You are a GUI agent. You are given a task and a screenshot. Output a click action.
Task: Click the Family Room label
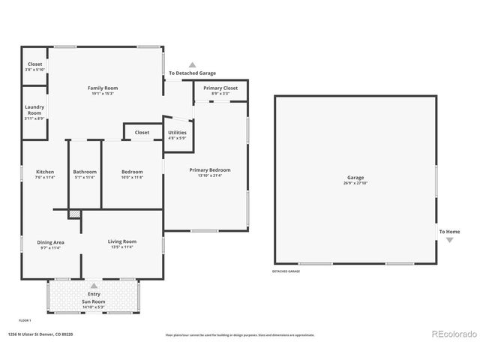pos(104,88)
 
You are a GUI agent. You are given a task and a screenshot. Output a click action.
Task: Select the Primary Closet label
pos(220,88)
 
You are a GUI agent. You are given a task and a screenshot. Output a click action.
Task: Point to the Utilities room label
pos(177,133)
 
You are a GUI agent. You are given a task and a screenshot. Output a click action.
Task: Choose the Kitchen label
pos(45,172)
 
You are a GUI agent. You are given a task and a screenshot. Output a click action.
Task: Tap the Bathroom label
pos(85,172)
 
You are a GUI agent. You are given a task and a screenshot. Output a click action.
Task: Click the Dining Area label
pos(50,242)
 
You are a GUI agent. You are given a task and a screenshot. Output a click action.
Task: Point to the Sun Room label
pos(94,301)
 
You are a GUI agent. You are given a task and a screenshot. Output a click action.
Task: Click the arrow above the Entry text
pos(94,285)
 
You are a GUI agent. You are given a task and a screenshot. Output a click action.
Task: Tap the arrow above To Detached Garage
pos(192,65)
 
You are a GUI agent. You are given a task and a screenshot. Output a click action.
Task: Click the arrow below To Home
pos(449,240)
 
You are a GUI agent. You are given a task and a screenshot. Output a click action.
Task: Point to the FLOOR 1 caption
pos(25,320)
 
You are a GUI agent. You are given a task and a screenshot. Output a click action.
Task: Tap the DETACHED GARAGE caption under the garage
pos(286,271)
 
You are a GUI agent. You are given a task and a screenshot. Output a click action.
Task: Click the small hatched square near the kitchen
pos(73,214)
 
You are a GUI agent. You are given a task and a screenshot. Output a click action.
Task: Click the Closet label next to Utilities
pos(142,133)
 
